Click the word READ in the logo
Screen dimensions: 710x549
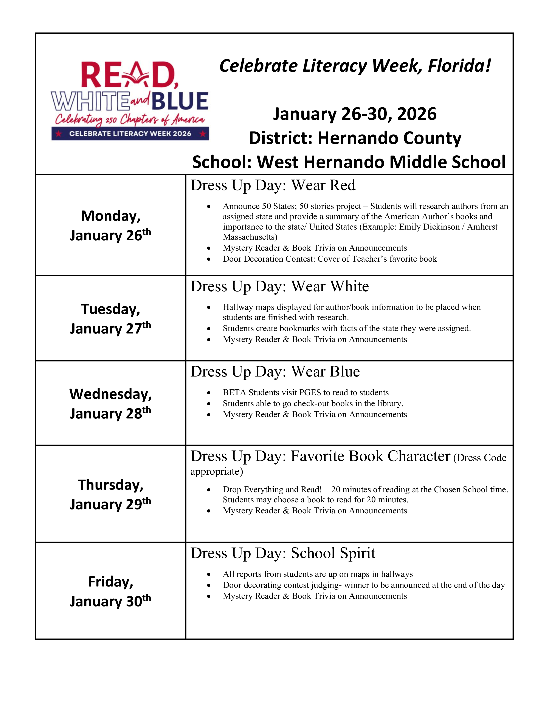pyautogui.click(x=129, y=76)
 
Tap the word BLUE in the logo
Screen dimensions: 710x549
pyautogui.click(x=180, y=101)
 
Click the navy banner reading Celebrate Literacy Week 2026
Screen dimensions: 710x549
pyautogui.click(x=130, y=134)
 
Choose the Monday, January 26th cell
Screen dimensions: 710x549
pyautogui.click(x=111, y=225)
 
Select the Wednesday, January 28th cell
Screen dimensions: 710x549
pyautogui.click(x=111, y=403)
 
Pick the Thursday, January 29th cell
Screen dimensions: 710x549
pyautogui.click(x=111, y=494)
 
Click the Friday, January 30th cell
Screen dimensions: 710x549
pyautogui.click(x=111, y=591)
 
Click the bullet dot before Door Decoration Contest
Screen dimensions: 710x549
pyautogui.click(x=209, y=259)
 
